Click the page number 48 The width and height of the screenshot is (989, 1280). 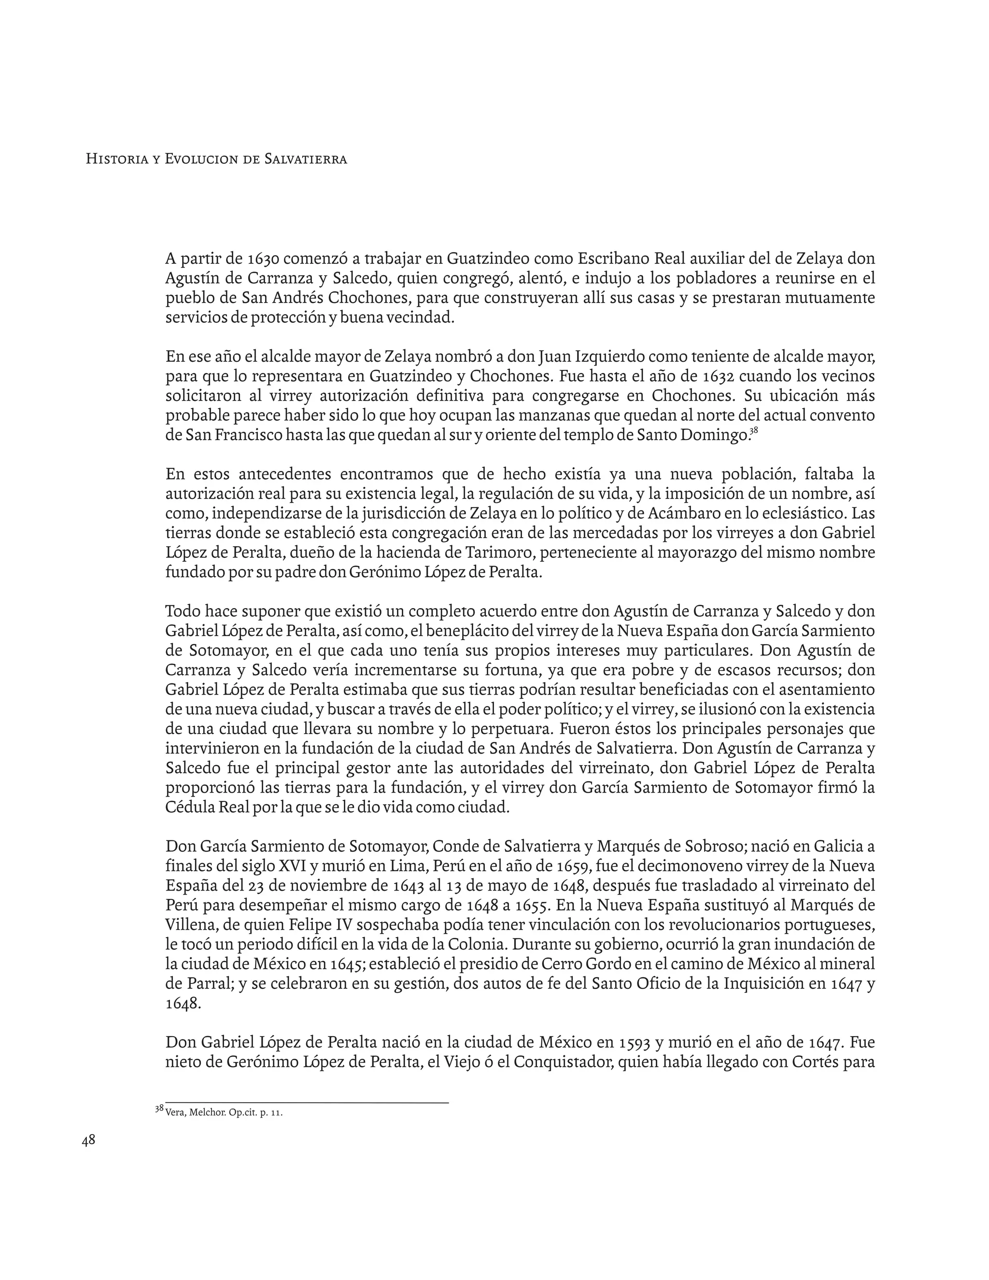[88, 1140]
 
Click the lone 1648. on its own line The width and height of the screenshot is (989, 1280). [184, 1003]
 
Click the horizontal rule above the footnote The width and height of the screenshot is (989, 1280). [307, 1103]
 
